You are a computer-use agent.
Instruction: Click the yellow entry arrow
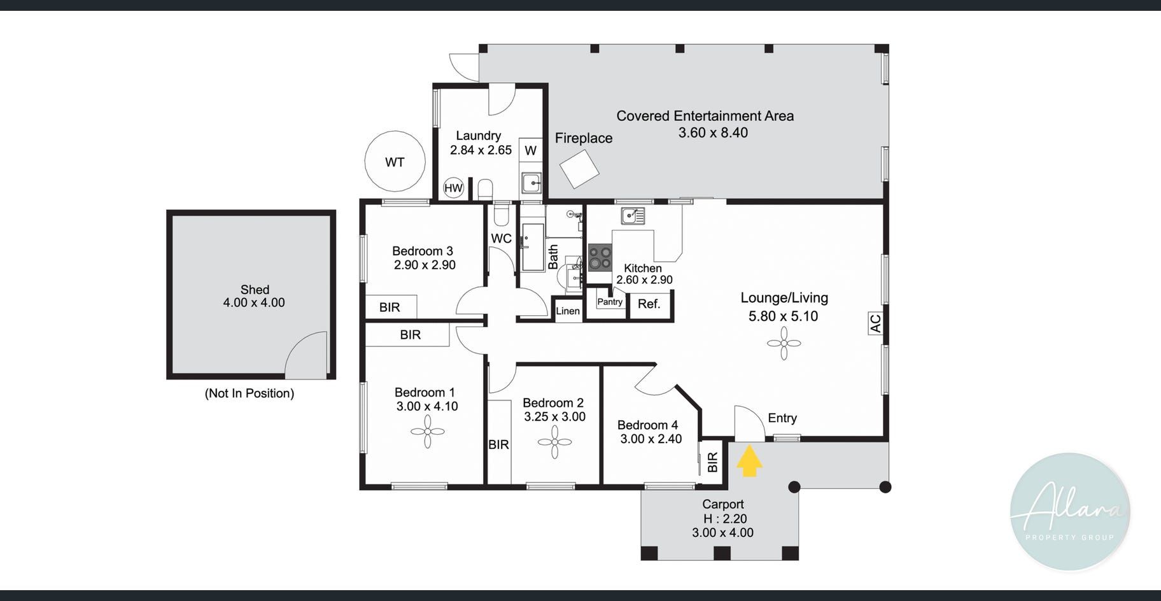pyautogui.click(x=750, y=460)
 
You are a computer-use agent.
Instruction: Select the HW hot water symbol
pyautogui.click(x=453, y=188)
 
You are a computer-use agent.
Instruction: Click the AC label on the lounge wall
pyautogui.click(x=875, y=323)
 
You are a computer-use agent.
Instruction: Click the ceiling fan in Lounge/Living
pyautogui.click(x=784, y=344)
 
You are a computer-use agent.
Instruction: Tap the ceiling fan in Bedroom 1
pyautogui.click(x=427, y=432)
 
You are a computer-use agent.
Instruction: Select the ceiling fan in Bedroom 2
pyautogui.click(x=554, y=442)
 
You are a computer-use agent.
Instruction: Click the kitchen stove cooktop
pyautogui.click(x=600, y=258)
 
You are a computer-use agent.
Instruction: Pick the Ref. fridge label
pyautogui.click(x=649, y=304)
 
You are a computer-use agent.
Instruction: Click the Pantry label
pyautogui.click(x=610, y=302)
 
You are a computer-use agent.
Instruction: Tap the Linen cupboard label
pyautogui.click(x=568, y=311)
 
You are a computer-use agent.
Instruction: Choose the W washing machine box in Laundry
pyautogui.click(x=531, y=150)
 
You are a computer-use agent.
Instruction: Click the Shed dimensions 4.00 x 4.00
pyautogui.click(x=254, y=303)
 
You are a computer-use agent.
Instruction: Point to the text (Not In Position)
pyautogui.click(x=250, y=393)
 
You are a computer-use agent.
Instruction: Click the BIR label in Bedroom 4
pyautogui.click(x=712, y=462)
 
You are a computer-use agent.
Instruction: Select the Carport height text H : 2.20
pyautogui.click(x=725, y=519)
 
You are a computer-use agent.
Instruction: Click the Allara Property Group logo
pyautogui.click(x=1070, y=512)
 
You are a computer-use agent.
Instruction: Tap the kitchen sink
pyautogui.click(x=633, y=216)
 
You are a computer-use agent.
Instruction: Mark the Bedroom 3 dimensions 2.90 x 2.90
pyautogui.click(x=425, y=265)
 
